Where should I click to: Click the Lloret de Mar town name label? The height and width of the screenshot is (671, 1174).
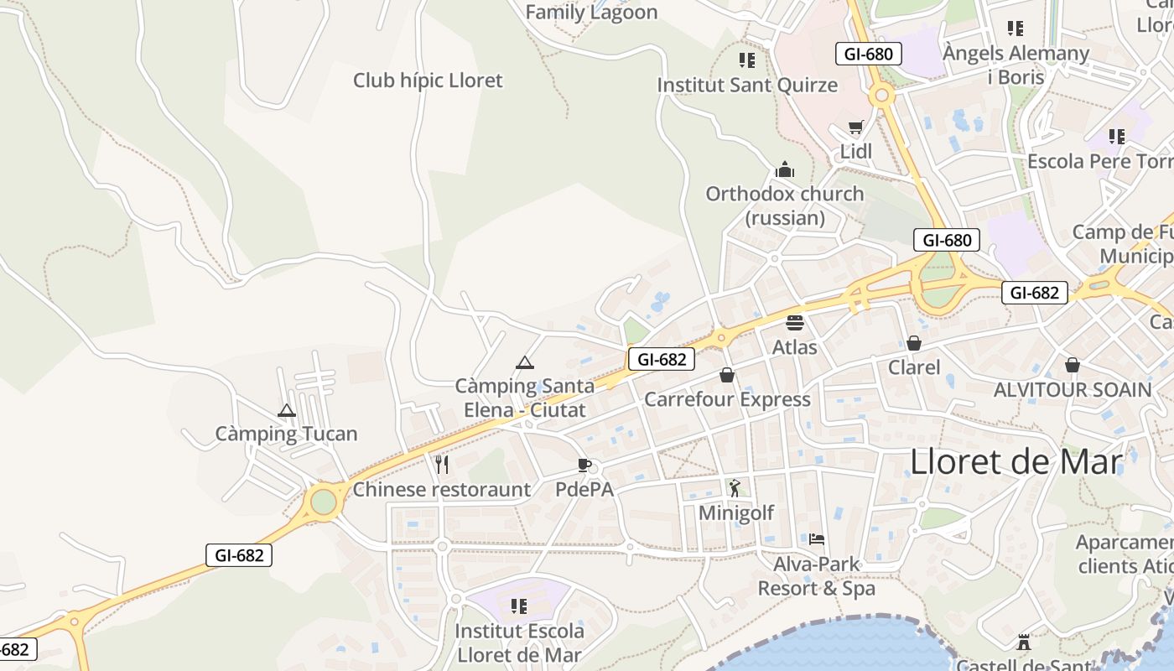(1016, 462)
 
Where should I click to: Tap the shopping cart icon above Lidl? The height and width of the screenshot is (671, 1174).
(855, 128)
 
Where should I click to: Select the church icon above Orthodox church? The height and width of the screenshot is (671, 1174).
(785, 170)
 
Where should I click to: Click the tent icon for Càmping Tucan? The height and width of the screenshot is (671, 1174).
(287, 411)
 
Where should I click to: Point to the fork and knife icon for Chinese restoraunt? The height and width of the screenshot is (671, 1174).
(442, 465)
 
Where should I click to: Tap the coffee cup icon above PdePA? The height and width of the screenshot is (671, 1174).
(584, 466)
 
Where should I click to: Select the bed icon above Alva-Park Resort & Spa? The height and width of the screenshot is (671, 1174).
(817, 539)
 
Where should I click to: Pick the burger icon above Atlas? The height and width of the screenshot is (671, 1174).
(794, 323)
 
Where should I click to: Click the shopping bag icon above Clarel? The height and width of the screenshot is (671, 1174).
(914, 343)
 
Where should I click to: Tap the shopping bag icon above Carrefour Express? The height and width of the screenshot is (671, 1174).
(727, 375)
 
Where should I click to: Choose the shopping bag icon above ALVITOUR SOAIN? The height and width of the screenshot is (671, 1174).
(1073, 365)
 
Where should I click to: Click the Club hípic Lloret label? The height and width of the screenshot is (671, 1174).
(428, 81)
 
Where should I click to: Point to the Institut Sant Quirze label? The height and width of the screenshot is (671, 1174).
(747, 85)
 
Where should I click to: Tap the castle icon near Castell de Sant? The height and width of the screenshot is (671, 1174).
(1023, 643)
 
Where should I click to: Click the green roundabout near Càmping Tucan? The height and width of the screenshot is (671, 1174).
(324, 502)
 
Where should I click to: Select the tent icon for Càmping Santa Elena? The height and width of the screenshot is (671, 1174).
(525, 363)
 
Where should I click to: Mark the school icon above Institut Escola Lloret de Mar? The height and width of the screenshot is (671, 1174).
(519, 606)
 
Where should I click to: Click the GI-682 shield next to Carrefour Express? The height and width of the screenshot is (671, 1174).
(662, 359)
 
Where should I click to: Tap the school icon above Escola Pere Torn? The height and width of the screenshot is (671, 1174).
(1116, 136)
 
